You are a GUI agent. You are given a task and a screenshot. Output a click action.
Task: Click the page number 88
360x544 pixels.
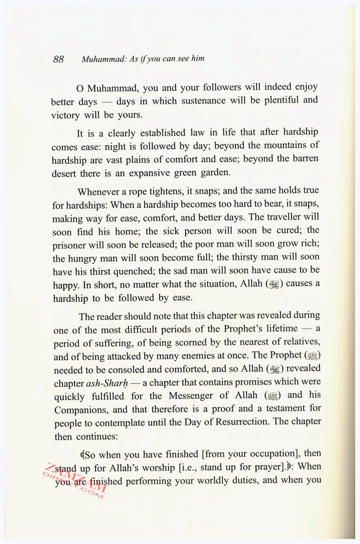click(58, 59)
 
